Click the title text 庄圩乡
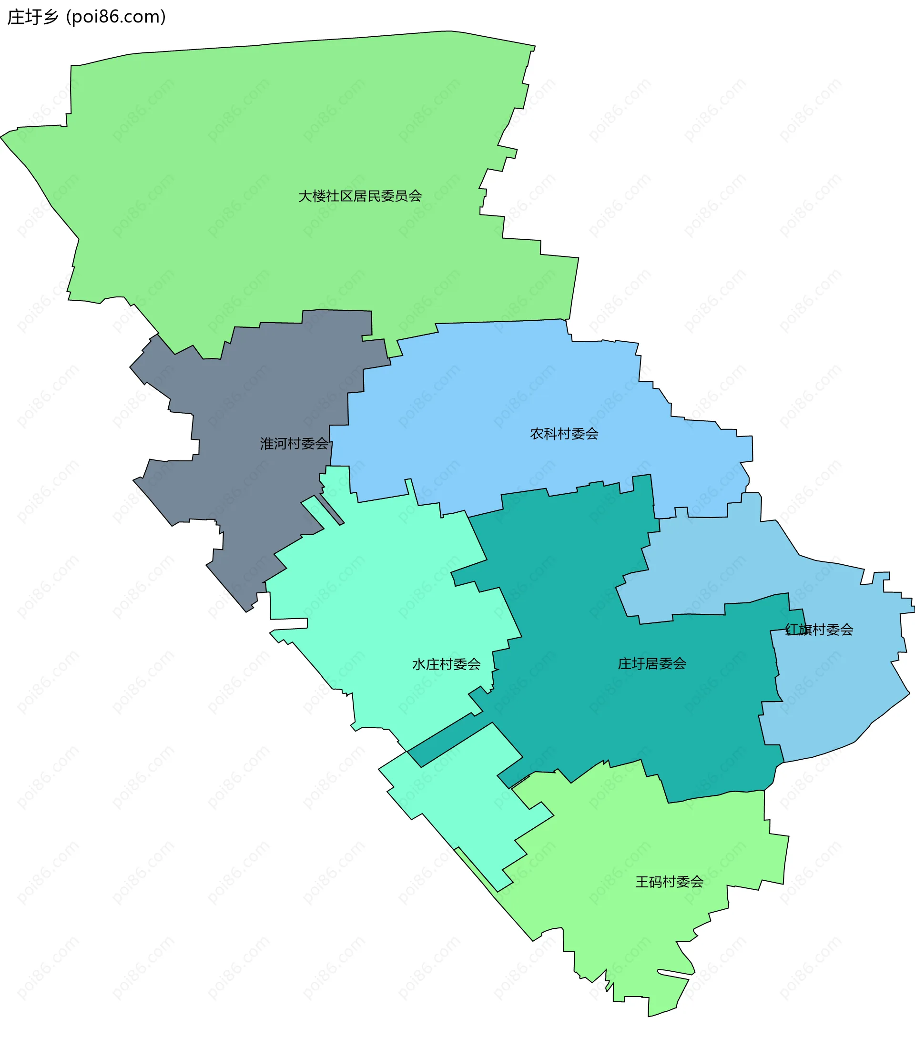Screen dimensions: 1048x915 tap(33, 17)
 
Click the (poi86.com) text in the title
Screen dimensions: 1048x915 tap(116, 17)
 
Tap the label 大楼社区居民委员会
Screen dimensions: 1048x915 tap(360, 196)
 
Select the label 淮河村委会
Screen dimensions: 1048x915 tap(294, 443)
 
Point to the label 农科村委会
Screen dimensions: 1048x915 tap(564, 434)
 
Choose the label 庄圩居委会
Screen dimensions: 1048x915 tap(652, 663)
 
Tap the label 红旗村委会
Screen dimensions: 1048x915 tap(819, 629)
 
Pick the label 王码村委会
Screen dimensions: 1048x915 tap(670, 882)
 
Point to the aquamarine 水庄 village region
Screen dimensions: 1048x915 tap(388, 587)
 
